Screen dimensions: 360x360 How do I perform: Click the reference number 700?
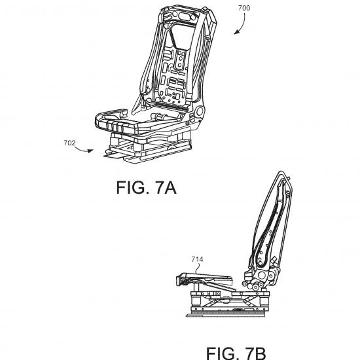pos(244,9)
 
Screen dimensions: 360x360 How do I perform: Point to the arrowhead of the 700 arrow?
pos(236,32)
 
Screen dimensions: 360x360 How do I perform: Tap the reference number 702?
pos(69,143)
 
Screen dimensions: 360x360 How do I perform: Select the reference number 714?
pos(197,259)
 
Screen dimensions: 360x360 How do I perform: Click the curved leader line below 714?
pos(198,268)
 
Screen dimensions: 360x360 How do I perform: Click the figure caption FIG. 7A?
pos(146,187)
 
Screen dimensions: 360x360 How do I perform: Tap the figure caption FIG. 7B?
pos(236,353)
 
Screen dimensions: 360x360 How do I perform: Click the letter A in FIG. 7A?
pos(170,187)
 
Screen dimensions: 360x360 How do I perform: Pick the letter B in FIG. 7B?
pos(260,353)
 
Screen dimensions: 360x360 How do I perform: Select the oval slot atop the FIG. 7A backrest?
pos(184,16)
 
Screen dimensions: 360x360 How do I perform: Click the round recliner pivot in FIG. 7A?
pos(199,111)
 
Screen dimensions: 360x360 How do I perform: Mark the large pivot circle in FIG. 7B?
pos(262,275)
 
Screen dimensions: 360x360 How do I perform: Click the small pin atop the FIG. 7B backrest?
pos(289,178)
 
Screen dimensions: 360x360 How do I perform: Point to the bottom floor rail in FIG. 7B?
pos(225,314)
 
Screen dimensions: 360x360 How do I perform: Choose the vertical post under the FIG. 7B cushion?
pos(196,287)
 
